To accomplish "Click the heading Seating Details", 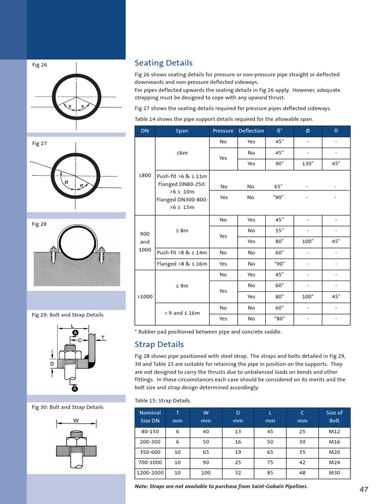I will (x=163, y=63).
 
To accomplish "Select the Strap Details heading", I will (x=159, y=345).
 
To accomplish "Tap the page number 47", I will (x=364, y=489).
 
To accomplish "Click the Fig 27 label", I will (x=39, y=144).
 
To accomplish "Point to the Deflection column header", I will (x=251, y=131).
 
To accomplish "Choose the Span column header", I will (x=182, y=131).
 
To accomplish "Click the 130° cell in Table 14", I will (x=308, y=164).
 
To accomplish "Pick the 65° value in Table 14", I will (x=279, y=187).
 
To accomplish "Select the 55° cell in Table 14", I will (x=279, y=231).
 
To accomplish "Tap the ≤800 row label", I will (x=144, y=175).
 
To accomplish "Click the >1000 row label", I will (x=145, y=297).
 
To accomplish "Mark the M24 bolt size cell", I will (x=334, y=463).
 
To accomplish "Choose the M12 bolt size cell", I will (x=334, y=432).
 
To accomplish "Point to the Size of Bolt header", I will (x=334, y=417).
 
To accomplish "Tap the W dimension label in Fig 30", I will (x=76, y=421).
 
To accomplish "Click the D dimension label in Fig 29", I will (x=52, y=364).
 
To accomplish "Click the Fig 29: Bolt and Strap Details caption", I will (x=67, y=315).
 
